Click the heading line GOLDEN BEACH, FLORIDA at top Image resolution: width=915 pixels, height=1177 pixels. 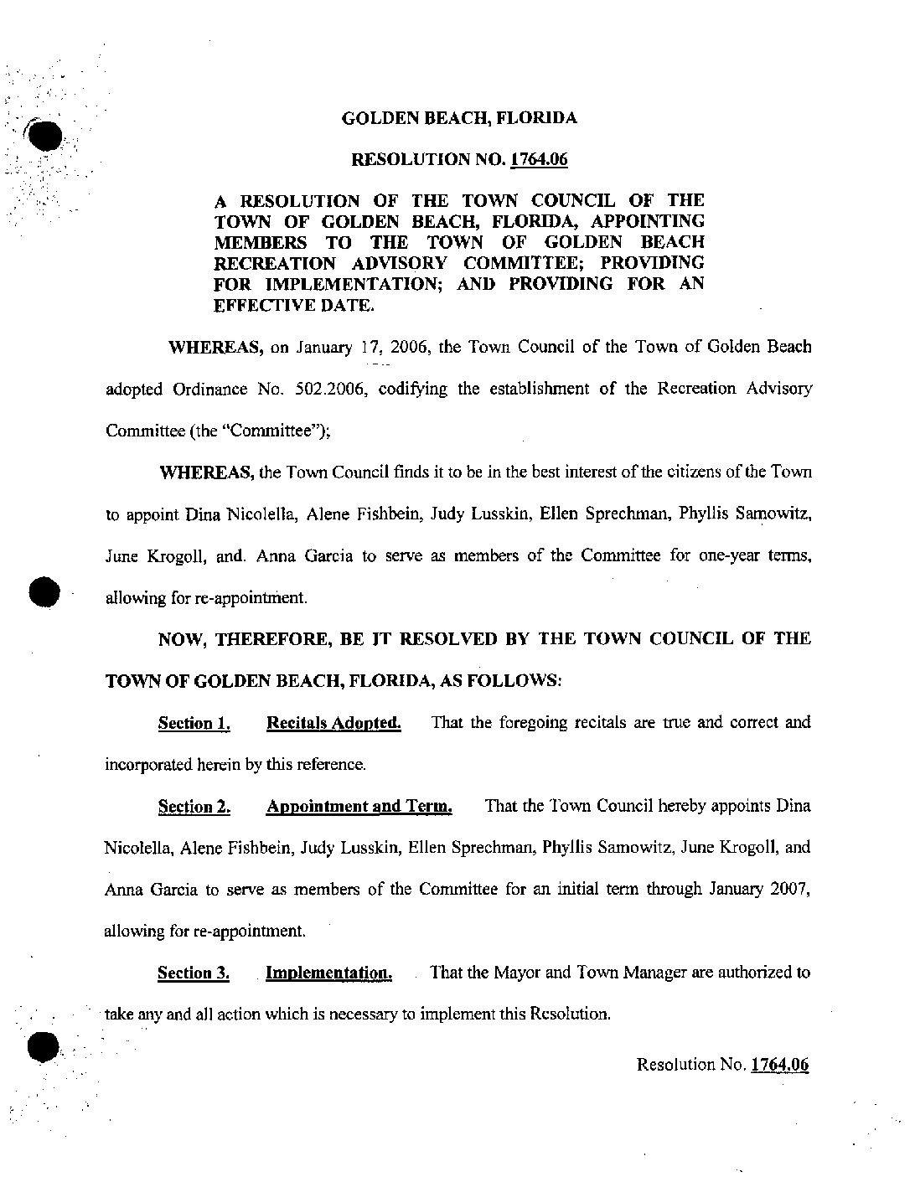pyautogui.click(x=459, y=118)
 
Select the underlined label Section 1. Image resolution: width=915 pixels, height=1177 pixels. pyautogui.click(x=194, y=723)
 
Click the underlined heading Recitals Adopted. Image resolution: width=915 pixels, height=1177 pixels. pyautogui.click(x=333, y=723)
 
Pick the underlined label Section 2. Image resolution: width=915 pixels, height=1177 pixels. pyautogui.click(x=194, y=807)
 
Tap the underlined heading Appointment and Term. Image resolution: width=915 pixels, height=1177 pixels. pyautogui.click(x=359, y=807)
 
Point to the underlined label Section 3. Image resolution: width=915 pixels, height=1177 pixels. pyautogui.click(x=194, y=973)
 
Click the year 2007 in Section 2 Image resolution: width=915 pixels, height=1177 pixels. pyautogui.click(x=788, y=890)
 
